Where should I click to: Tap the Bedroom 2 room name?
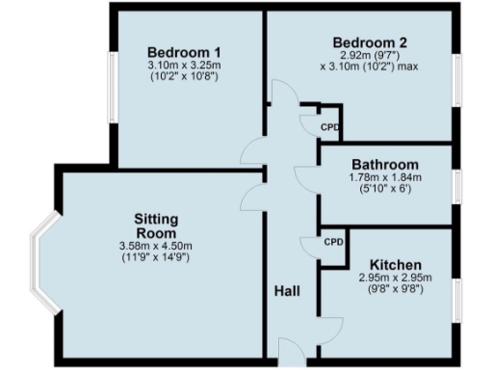(370, 42)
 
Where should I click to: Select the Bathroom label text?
(384, 164)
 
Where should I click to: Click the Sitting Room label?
(156, 226)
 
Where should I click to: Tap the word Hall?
(288, 291)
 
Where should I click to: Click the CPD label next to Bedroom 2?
(330, 125)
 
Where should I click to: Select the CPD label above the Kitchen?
(333, 242)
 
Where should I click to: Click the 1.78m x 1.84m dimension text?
(384, 177)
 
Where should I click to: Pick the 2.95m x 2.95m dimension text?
(396, 277)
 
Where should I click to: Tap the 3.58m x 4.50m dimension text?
(156, 247)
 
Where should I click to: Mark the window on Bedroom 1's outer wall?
(112, 94)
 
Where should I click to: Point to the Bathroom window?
(455, 186)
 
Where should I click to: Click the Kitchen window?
(455, 299)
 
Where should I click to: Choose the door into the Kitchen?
(330, 324)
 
